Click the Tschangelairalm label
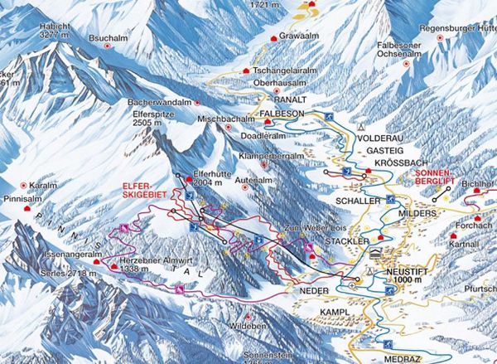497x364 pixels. pyautogui.click(x=287, y=72)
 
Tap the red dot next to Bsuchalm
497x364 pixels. pyautogui.click(x=107, y=49)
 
